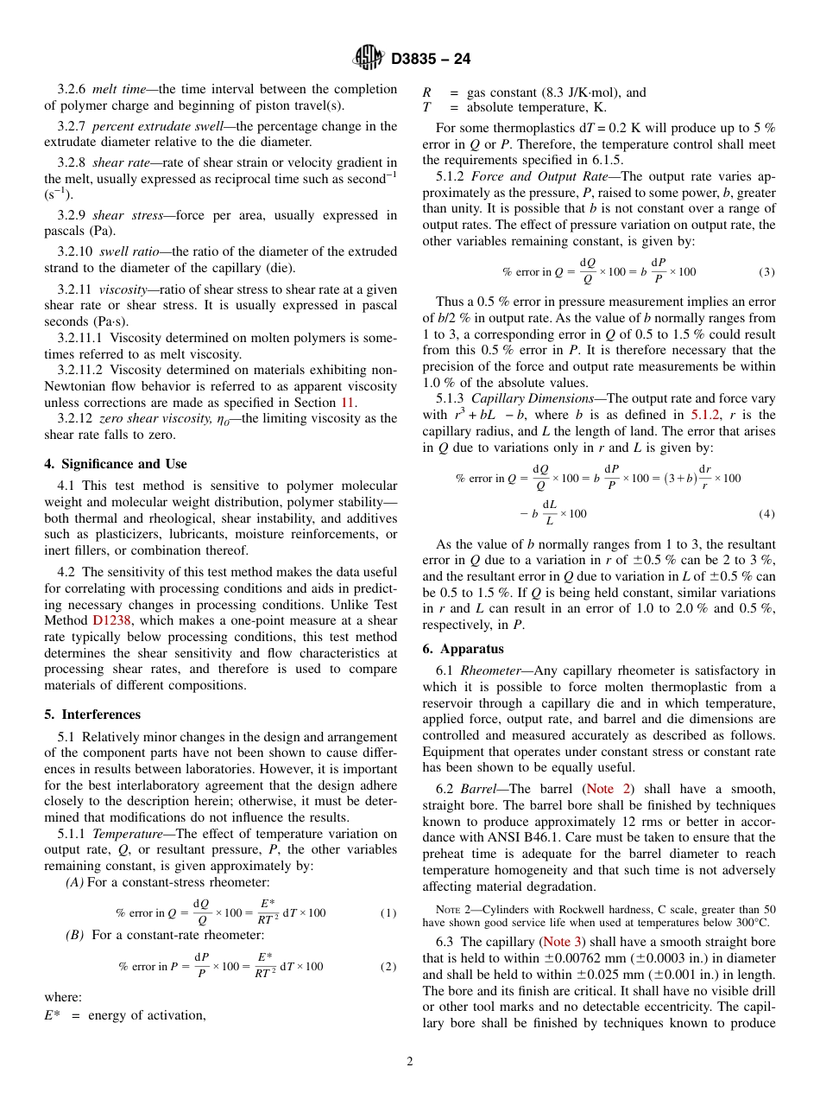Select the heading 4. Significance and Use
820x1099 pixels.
point(115,464)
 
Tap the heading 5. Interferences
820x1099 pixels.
point(92,715)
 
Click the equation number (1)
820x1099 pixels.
point(388,912)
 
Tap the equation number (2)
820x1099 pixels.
point(388,966)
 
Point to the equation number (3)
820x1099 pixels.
point(766,271)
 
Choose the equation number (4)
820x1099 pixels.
point(766,513)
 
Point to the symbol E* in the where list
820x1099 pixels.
point(52,1015)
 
